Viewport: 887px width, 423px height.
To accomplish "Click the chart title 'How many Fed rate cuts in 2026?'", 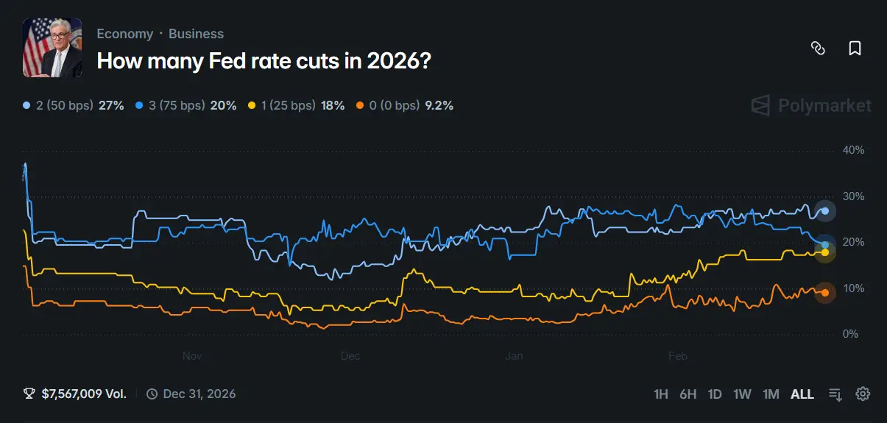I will (x=264, y=61).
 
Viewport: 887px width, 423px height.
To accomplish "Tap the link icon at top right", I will (x=818, y=49).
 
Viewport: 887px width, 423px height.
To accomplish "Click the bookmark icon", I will (x=855, y=49).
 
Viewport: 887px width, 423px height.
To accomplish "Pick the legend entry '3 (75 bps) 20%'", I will (x=186, y=105).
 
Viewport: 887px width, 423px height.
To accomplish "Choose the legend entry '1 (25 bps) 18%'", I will (x=297, y=105).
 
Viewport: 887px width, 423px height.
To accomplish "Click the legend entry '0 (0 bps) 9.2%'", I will (x=406, y=105).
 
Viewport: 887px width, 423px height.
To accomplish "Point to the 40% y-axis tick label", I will (x=854, y=150).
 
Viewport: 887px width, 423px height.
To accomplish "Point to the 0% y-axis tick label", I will (x=851, y=334).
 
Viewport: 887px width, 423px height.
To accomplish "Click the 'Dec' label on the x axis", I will (x=350, y=356).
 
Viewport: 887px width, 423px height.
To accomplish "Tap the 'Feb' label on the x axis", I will (x=677, y=356).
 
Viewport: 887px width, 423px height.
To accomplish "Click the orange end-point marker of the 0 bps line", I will (x=825, y=293).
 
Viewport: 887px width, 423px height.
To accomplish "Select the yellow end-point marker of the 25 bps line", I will (x=825, y=252).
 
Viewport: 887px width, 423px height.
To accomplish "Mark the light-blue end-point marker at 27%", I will (x=825, y=211).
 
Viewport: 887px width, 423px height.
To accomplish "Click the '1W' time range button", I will (x=742, y=394).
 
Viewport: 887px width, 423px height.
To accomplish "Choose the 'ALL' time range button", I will (x=802, y=394).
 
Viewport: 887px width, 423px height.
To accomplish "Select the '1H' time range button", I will (x=661, y=394).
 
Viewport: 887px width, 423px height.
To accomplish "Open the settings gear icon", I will (x=863, y=394).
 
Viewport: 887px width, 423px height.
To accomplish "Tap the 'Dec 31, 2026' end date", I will (x=199, y=394).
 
